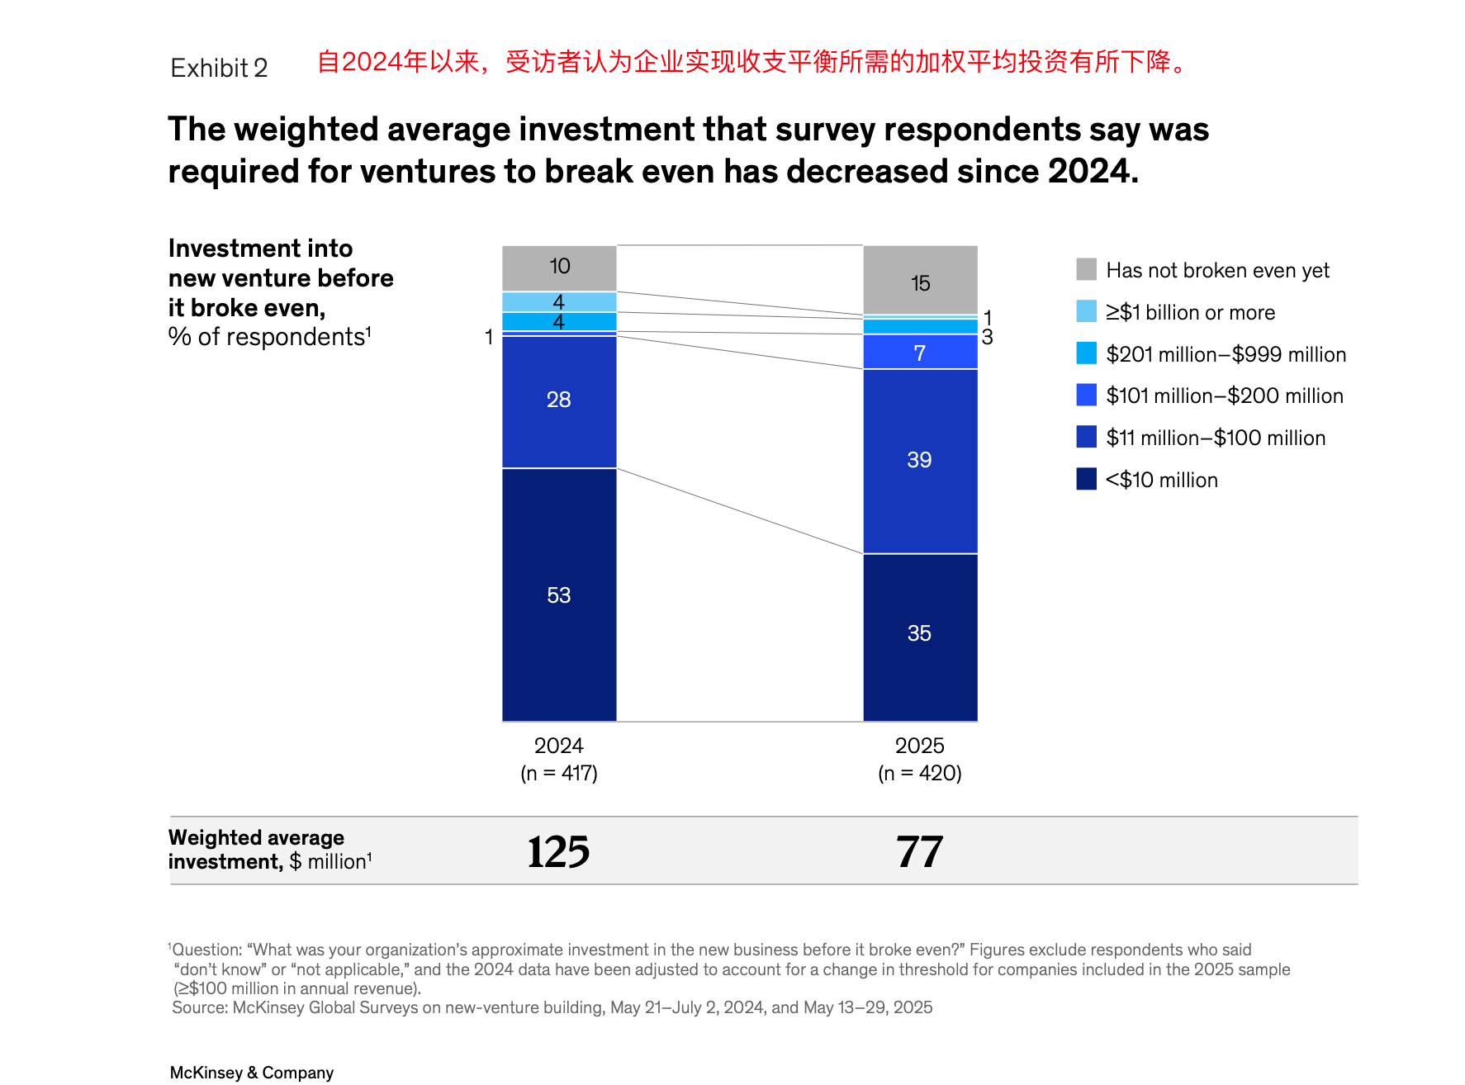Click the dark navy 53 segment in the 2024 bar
click(559, 595)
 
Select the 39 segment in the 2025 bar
click(920, 460)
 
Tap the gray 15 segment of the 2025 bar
click(920, 281)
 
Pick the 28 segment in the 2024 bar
click(559, 400)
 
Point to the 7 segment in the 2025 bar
click(920, 353)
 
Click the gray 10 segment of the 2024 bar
click(559, 267)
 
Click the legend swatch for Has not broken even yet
click(1086, 269)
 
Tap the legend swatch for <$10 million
click(1086, 479)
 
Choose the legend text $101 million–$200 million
click(1225, 396)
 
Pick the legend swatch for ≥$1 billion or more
click(1086, 311)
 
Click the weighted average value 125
click(558, 852)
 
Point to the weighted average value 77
click(919, 852)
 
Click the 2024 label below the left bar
click(558, 746)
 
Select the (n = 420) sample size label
click(920, 774)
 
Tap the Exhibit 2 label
click(219, 68)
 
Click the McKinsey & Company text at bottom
click(251, 1073)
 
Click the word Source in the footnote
click(199, 1008)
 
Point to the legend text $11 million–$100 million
click(1216, 438)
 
